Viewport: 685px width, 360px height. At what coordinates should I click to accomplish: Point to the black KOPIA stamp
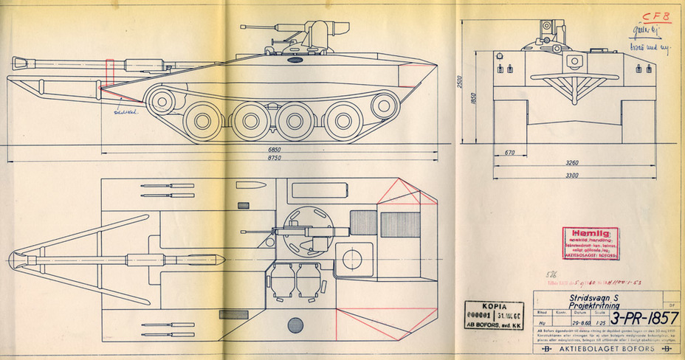tap(490, 313)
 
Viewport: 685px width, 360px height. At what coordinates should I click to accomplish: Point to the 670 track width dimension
tap(509, 153)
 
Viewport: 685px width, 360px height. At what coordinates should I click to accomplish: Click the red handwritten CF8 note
tap(654, 16)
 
